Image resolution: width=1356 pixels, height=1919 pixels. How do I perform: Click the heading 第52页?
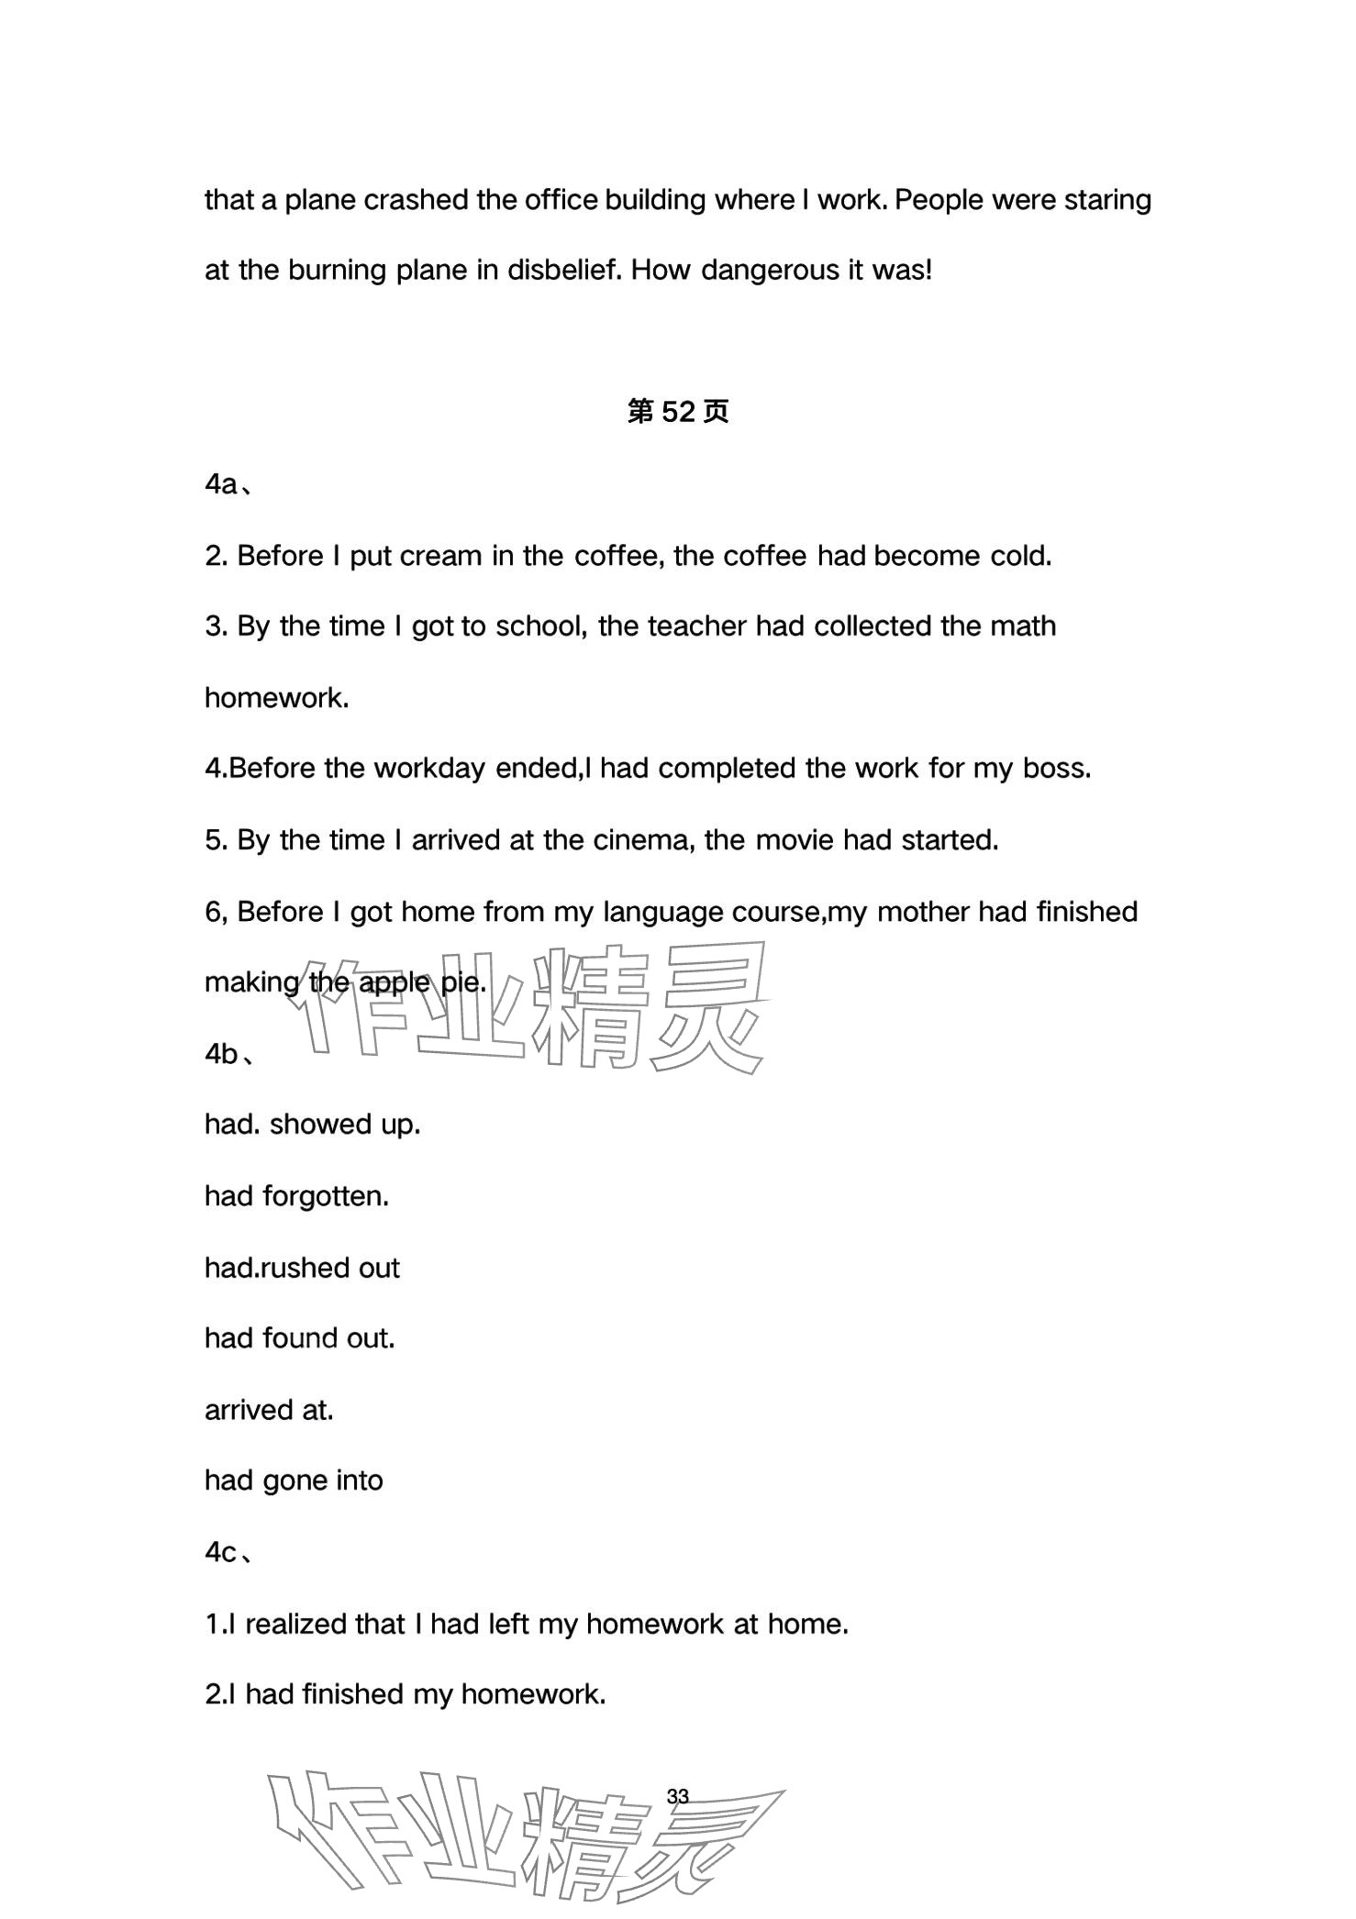[677, 412]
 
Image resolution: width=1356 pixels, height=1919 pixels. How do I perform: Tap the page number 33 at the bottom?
[678, 1796]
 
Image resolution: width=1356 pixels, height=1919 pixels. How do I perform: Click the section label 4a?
[222, 484]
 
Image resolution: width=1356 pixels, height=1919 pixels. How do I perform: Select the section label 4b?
[222, 1054]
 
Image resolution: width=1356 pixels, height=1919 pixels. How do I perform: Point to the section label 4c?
[221, 1552]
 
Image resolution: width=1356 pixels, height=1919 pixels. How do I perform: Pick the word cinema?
[652, 840]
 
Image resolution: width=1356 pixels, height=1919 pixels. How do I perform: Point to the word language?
[662, 912]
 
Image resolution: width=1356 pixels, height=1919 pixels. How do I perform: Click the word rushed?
[307, 1268]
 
